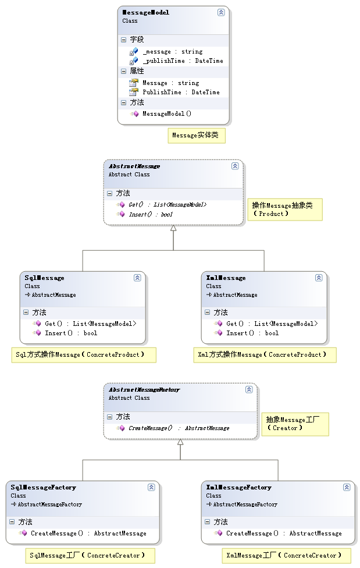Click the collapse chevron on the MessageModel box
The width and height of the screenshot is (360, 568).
221,12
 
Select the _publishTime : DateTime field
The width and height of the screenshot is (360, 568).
183,61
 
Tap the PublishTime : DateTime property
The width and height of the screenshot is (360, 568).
181,92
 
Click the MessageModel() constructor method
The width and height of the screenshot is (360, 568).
167,113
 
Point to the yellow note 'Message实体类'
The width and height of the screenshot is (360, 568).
197,136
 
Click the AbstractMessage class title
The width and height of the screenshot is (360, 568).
134,166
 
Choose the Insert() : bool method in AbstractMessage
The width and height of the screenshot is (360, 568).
151,214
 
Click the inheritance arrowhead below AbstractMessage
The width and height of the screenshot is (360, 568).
173,228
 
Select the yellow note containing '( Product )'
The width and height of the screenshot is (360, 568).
284,210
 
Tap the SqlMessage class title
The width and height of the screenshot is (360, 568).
45,278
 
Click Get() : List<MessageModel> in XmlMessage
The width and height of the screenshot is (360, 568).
272,324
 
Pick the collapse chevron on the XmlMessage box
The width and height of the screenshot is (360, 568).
319,278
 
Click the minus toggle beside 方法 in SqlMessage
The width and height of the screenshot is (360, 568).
26,312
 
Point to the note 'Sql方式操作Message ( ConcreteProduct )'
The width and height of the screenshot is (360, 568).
84,355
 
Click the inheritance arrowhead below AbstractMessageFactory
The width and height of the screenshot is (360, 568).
180,442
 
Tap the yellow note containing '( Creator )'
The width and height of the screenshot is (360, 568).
295,424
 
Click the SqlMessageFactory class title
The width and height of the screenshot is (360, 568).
44,488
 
